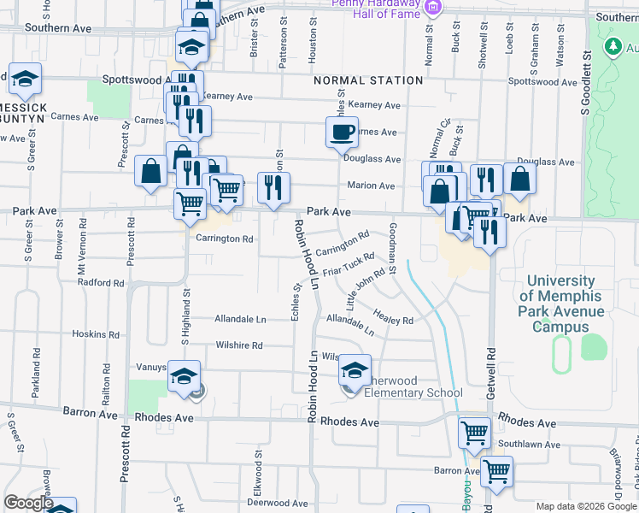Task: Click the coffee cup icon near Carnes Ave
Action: [342, 133]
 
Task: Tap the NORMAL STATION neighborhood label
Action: [368, 80]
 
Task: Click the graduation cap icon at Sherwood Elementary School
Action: [355, 370]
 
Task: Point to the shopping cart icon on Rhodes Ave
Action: [474, 433]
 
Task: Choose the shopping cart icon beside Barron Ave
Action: [496, 470]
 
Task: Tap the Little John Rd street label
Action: [366, 291]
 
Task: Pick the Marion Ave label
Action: [371, 186]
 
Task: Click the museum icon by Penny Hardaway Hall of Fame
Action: [433, 8]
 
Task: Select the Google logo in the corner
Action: [28, 503]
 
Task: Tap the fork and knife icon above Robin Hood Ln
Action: [273, 188]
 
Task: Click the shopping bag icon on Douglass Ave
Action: [519, 179]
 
